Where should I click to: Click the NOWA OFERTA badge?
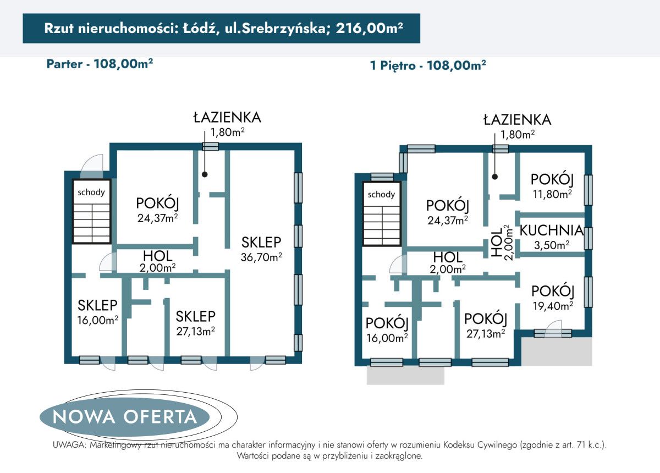pos(124,416)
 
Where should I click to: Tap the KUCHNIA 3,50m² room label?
pos(552,237)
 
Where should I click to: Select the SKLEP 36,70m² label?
pos(261,249)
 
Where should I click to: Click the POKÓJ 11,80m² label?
pos(552,185)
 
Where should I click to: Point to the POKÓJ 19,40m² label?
pos(552,298)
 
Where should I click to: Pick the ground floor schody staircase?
pos(92,212)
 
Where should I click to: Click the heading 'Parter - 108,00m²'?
pos(100,63)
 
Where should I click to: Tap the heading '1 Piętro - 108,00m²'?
pos(428,65)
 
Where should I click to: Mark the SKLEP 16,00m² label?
pos(97,311)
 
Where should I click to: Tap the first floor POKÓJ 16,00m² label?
pos(387,329)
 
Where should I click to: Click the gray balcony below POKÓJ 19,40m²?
pos(557,351)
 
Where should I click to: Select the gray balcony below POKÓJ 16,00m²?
pos(405,375)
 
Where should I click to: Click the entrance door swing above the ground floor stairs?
pos(91,164)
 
